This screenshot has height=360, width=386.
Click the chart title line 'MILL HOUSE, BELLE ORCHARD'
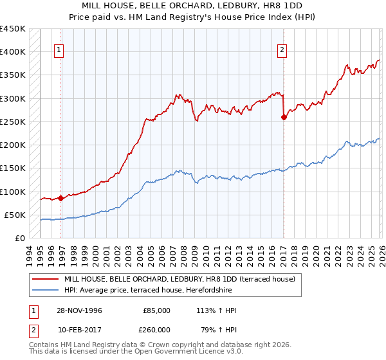193,5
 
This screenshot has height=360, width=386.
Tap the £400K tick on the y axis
12,52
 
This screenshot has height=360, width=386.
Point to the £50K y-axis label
15,215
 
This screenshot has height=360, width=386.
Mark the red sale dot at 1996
61,198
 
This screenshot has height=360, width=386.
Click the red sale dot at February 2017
284,117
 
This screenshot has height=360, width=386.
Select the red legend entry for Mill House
179,279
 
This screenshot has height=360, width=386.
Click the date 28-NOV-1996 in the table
80,310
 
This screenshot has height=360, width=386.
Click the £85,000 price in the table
156,310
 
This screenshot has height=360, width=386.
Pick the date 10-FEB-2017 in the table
80,329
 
